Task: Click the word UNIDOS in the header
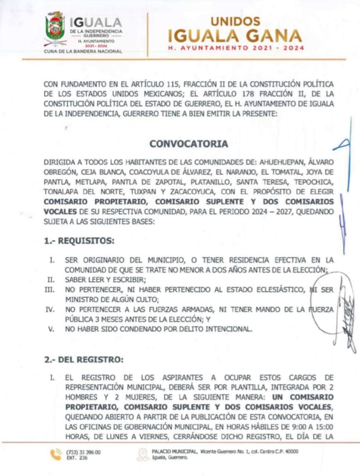[235, 20]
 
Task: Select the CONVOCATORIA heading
[188, 145]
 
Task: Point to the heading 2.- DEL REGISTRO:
[84, 360]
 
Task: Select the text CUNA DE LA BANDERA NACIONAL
[83, 51]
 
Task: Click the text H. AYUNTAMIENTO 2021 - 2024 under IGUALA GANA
[235, 49]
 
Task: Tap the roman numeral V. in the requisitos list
[51, 329]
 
